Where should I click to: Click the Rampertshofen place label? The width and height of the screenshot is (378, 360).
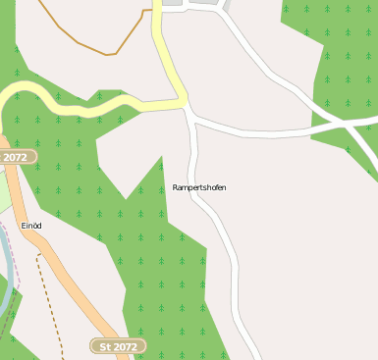coord(199,187)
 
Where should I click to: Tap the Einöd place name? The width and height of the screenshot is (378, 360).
coord(31,226)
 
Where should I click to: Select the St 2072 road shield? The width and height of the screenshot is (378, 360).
coord(119,346)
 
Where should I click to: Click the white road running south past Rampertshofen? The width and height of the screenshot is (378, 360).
coord(228,245)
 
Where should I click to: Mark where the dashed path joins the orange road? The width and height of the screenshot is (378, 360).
coord(39,253)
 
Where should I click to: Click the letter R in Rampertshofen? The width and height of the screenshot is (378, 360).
coord(175,187)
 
